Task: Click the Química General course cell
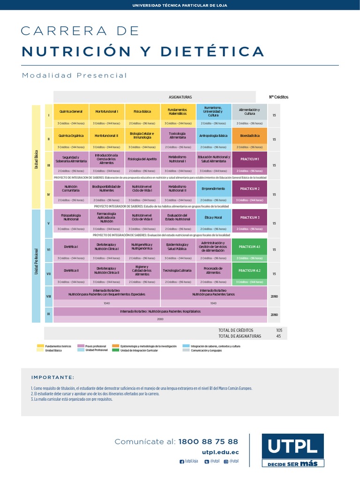(x=71, y=112)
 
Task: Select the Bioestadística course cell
(x=249, y=135)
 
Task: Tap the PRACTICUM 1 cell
(x=249, y=159)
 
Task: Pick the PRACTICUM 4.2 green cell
(x=249, y=270)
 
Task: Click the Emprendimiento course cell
(x=214, y=188)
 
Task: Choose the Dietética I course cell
(x=71, y=247)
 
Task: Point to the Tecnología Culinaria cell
(x=178, y=270)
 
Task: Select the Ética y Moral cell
(x=214, y=217)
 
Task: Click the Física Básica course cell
(x=142, y=112)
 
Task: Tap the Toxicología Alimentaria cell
(x=178, y=135)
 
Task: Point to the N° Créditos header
(x=278, y=97)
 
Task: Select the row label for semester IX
(x=48, y=314)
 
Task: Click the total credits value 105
(x=279, y=330)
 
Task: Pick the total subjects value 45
(x=279, y=336)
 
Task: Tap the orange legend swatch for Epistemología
(x=115, y=346)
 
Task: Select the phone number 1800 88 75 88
(x=208, y=442)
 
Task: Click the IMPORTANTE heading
(x=52, y=377)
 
